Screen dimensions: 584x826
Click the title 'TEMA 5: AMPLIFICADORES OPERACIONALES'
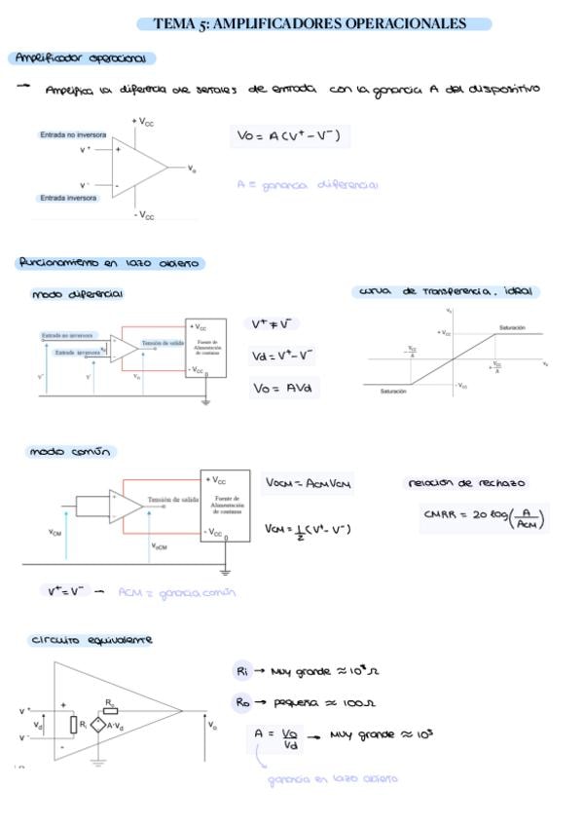tap(309, 23)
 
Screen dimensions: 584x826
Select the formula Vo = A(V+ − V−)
tap(289, 136)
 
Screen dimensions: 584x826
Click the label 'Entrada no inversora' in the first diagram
tap(73, 134)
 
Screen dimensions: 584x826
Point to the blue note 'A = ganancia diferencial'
tap(307, 184)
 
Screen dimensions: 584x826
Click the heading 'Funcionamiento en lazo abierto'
tap(108, 263)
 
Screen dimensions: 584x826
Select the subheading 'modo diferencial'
tap(77, 293)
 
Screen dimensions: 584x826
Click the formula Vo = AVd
tap(281, 388)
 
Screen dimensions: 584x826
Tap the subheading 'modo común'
tap(72, 452)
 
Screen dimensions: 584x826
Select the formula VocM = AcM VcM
tap(309, 483)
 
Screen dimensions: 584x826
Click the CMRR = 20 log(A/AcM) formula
tap(484, 517)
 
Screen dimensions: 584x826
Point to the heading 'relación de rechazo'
tap(466, 482)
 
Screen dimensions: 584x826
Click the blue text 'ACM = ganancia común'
tap(177, 592)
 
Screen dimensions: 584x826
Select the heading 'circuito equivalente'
tap(91, 640)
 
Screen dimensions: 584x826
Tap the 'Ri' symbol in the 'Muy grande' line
tap(242, 671)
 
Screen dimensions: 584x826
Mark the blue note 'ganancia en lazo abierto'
tap(333, 778)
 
